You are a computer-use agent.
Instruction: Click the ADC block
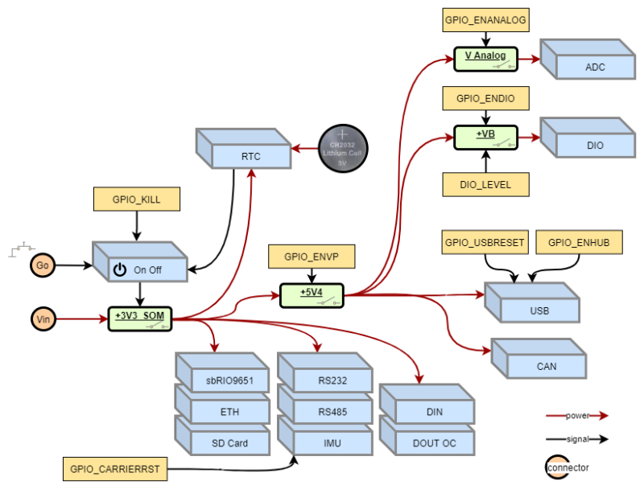pyautogui.click(x=595, y=67)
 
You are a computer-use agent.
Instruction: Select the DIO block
pyautogui.click(x=595, y=145)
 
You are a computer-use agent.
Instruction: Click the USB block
pyautogui.click(x=539, y=310)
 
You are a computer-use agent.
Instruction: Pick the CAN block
pyautogui.click(x=546, y=366)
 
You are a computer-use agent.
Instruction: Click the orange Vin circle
pyautogui.click(x=43, y=319)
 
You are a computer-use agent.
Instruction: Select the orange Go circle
pyautogui.click(x=43, y=265)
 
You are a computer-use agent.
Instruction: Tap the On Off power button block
pyautogui.click(x=147, y=269)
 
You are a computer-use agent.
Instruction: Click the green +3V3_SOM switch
pyautogui.click(x=140, y=318)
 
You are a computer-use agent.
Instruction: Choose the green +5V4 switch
pyautogui.click(x=312, y=295)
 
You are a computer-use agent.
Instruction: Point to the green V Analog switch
pyautogui.click(x=485, y=59)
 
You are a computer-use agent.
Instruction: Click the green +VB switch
pyautogui.click(x=485, y=137)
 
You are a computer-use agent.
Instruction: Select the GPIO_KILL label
pyautogui.click(x=136, y=199)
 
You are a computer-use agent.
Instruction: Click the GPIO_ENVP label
pyautogui.click(x=312, y=257)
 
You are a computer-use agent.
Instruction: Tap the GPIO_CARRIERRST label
pyautogui.click(x=114, y=469)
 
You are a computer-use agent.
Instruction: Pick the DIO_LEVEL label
pyautogui.click(x=486, y=184)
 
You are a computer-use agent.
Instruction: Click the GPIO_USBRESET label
pyautogui.click(x=485, y=242)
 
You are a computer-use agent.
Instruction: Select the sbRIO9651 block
pyautogui.click(x=229, y=380)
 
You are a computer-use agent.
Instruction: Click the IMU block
pyautogui.click(x=332, y=442)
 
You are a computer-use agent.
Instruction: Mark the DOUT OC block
pyautogui.click(x=434, y=442)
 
